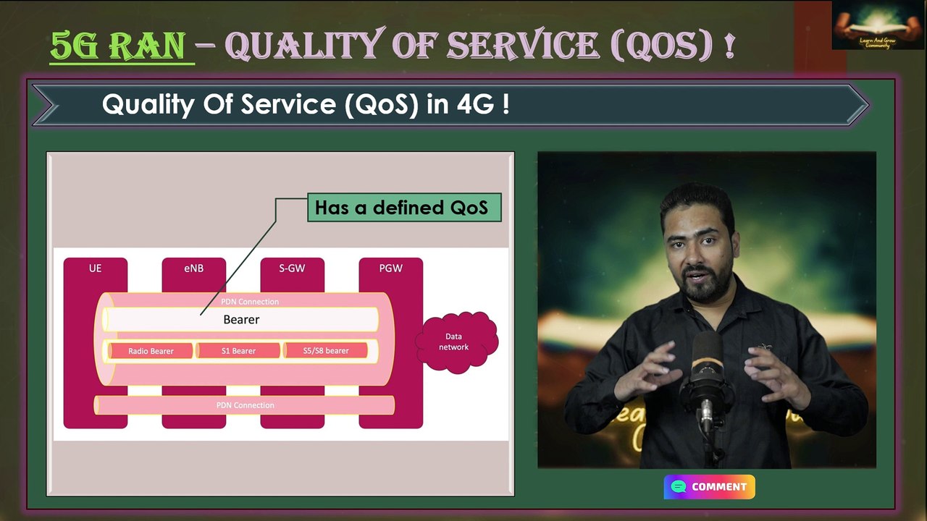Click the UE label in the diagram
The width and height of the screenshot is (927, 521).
95,268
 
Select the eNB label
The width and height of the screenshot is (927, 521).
193,268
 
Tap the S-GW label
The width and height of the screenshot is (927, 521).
292,268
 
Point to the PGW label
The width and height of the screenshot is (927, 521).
390,268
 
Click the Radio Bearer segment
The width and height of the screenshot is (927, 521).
151,351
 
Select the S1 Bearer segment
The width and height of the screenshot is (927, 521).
238,351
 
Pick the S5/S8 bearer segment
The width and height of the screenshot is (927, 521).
326,351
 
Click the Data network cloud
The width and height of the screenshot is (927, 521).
454,342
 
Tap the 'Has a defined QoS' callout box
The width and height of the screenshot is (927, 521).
404,208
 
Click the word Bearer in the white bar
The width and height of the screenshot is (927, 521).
241,319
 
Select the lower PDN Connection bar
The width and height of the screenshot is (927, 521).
245,405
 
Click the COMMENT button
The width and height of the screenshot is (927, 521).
709,487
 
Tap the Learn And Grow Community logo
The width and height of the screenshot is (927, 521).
877,26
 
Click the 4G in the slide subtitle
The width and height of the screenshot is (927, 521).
474,104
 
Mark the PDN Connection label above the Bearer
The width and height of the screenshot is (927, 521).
248,301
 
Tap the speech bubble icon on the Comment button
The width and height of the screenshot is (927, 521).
679,487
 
